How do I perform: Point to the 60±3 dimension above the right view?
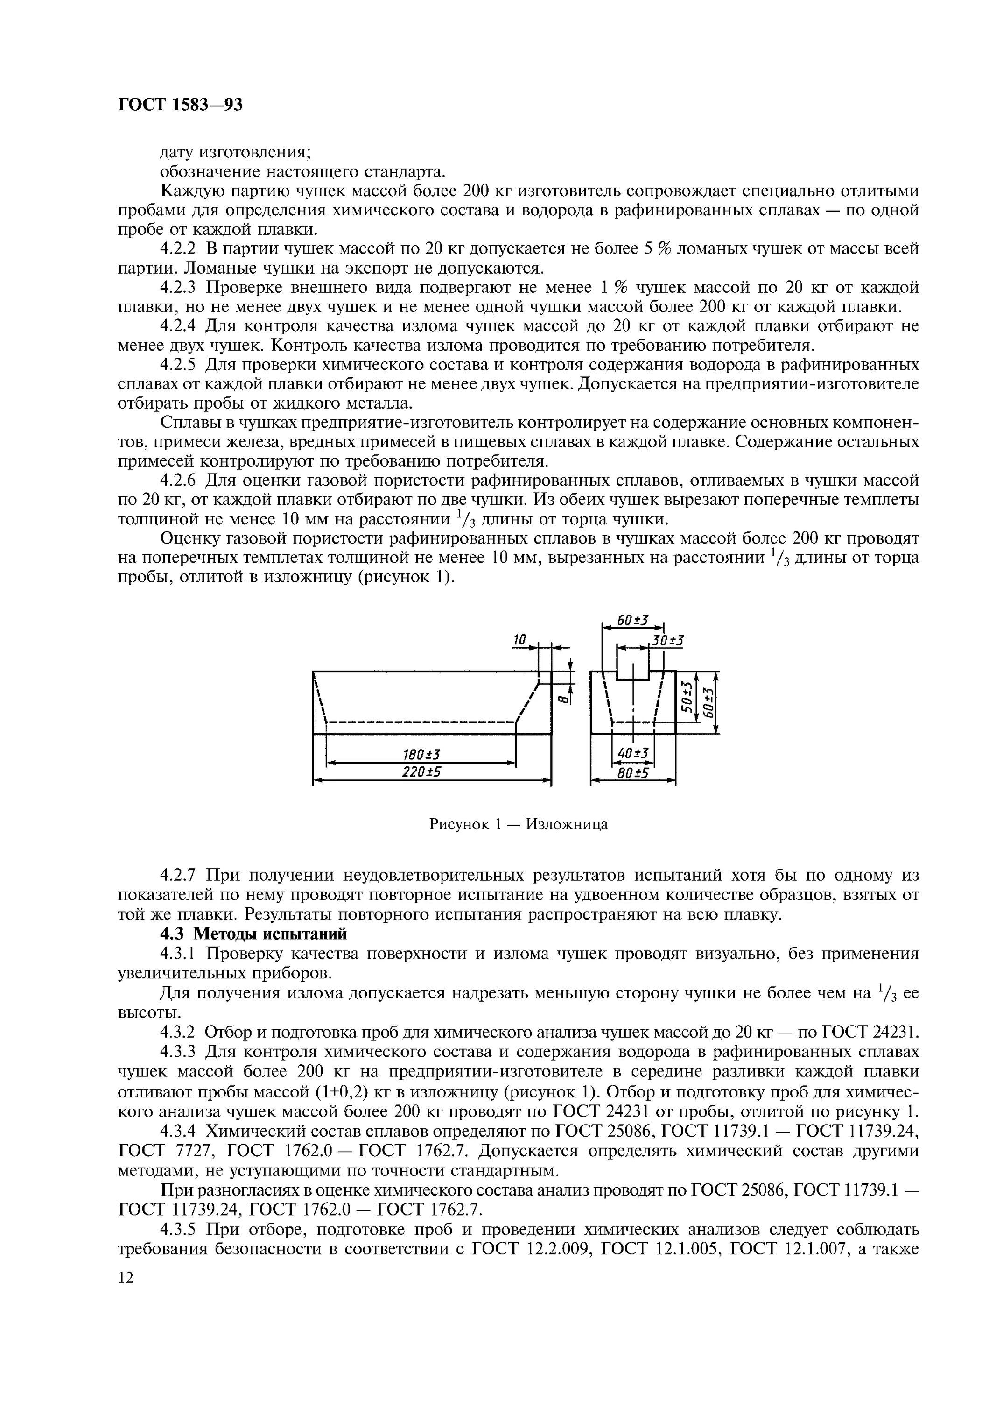pyautogui.click(x=631, y=621)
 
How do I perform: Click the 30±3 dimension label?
pyautogui.click(x=667, y=640)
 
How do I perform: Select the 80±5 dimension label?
pyautogui.click(x=632, y=773)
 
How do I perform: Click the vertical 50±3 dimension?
pyautogui.click(x=687, y=697)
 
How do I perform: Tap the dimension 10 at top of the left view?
pyautogui.click(x=519, y=639)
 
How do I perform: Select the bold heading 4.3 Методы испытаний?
pyautogui.click(x=253, y=934)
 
